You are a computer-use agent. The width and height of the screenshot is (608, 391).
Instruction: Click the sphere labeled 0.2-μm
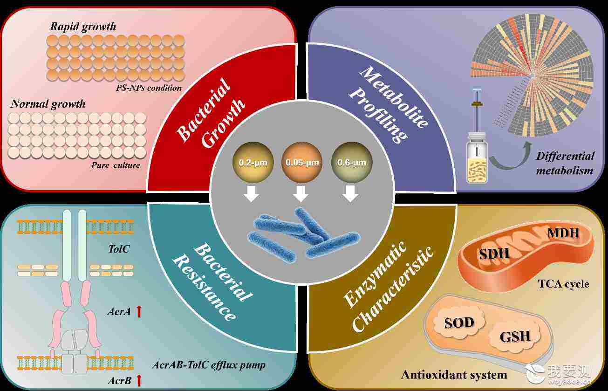tap(253, 162)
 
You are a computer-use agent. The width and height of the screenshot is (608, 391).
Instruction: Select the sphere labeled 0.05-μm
tap(302, 162)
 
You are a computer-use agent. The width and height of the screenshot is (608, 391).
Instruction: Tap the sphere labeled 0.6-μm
tap(351, 162)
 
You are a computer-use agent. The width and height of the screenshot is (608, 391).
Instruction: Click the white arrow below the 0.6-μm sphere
tap(350, 193)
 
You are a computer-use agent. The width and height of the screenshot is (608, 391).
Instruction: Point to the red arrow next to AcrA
tap(139, 311)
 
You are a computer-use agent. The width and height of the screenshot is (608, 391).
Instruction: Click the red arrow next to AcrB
tap(139, 380)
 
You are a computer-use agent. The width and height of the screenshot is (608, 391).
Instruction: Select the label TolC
tap(119, 249)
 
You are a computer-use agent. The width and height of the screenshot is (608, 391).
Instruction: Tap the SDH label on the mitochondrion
tap(494, 254)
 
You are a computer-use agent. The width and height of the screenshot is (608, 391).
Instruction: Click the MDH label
tap(563, 233)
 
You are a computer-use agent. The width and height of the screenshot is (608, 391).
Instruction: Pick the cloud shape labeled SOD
tap(459, 323)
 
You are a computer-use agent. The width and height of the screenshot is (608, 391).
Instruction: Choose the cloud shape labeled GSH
tap(515, 336)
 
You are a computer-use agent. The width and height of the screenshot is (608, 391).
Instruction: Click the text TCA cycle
tap(563, 284)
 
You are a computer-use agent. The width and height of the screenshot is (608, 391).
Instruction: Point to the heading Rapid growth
tap(83, 27)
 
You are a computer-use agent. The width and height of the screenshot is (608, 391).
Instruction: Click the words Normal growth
tap(48, 104)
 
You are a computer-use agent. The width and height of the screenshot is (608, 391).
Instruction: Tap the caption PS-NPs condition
tap(149, 88)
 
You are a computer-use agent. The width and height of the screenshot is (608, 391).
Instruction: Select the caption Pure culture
tap(116, 165)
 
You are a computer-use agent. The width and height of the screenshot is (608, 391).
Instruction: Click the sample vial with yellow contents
tap(477, 158)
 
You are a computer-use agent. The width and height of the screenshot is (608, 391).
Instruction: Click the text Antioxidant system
tap(454, 375)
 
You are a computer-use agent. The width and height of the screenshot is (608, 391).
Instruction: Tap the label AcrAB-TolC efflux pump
tap(209, 365)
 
